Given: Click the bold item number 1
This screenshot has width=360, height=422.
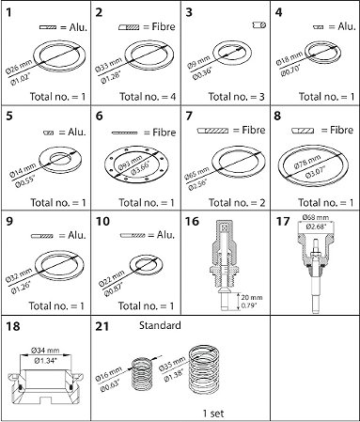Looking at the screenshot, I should [10, 13].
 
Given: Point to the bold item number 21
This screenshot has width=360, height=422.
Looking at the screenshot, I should [102, 329].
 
